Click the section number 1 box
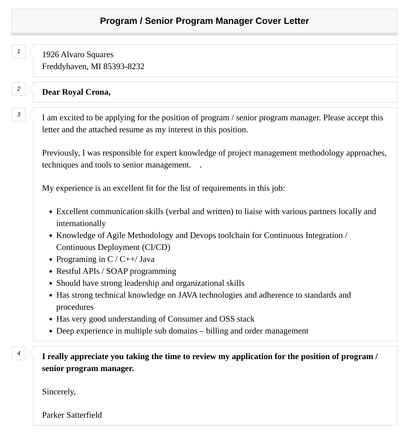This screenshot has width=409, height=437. [x=19, y=51]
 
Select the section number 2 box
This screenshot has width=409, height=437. [x=19, y=89]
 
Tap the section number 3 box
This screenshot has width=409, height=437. [x=19, y=115]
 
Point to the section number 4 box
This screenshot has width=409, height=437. [x=19, y=353]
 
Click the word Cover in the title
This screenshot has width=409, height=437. [x=268, y=21]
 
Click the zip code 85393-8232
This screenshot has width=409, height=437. [x=124, y=67]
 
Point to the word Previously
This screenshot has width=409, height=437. [x=60, y=153]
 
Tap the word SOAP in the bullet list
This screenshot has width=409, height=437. [x=117, y=271]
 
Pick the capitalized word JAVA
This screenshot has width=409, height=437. [x=187, y=295]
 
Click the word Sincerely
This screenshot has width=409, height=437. [x=59, y=392]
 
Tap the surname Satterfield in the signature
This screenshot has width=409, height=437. [x=84, y=415]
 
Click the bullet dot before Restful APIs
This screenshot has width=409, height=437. [x=51, y=272]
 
